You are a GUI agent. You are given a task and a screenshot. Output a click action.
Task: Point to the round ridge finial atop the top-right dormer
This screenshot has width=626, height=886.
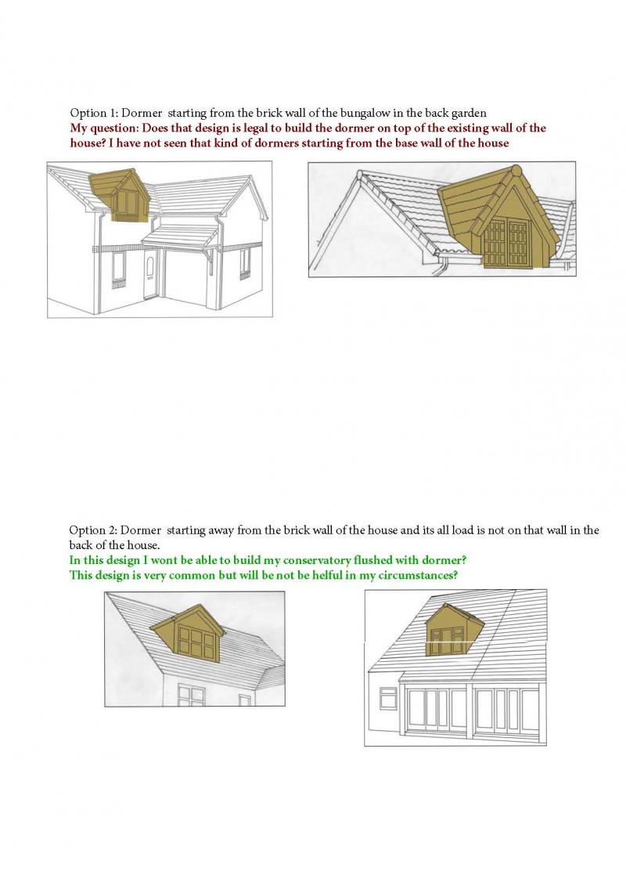pyautogui.click(x=515, y=170)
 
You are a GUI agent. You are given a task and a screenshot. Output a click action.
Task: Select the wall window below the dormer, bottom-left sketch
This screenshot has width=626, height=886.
pyautogui.click(x=192, y=694)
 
